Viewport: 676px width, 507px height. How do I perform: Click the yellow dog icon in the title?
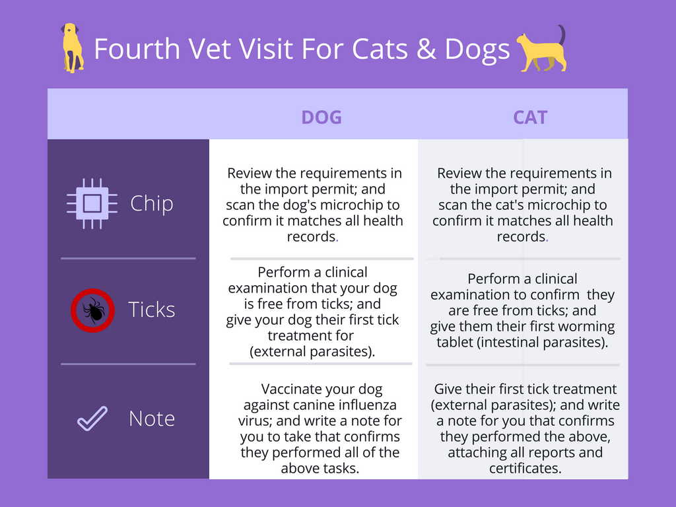[72, 48]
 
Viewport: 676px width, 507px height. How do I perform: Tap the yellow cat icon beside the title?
[541, 49]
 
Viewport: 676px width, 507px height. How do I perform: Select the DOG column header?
[321, 118]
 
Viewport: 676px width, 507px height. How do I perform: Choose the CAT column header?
[530, 118]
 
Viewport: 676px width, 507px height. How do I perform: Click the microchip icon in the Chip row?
[92, 203]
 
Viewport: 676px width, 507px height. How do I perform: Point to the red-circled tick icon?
[92, 310]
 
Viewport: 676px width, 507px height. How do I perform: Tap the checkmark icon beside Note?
[92, 419]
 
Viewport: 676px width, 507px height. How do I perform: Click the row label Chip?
[152, 203]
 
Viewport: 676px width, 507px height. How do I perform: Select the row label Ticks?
[152, 310]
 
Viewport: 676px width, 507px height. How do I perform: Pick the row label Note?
[152, 419]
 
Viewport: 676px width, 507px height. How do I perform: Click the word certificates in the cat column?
[525, 469]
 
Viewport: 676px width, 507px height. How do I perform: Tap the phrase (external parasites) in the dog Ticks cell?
[312, 352]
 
